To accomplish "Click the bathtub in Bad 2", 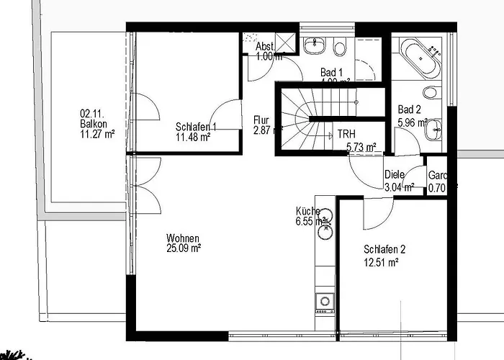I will [x=418, y=60].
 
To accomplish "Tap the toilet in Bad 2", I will [x=431, y=93].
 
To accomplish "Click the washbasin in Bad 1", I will [x=315, y=48].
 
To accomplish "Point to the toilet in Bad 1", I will [x=341, y=48].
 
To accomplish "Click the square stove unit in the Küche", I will [x=324, y=300].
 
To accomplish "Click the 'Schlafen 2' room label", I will [x=384, y=250].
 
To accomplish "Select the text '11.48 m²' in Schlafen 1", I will [x=192, y=136].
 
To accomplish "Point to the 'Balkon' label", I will [x=94, y=123].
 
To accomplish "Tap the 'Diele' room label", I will [x=395, y=174].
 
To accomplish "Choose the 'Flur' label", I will [x=261, y=120].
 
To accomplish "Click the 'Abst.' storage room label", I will [x=265, y=46].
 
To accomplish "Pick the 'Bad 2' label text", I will [x=410, y=109].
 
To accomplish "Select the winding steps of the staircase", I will [x=295, y=120].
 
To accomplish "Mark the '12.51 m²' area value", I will [x=382, y=263].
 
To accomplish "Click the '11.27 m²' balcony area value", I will [x=98, y=132].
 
